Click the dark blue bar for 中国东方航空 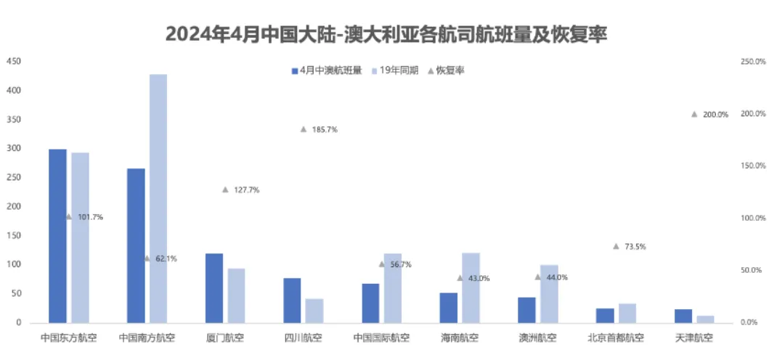57,236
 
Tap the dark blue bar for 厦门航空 214,287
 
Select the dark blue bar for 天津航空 683,316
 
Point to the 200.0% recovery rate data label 715,115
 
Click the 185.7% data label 325,129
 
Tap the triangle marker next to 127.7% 225,189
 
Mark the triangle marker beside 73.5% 616,246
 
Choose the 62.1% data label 166,258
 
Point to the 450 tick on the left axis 13,62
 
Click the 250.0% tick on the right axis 753,62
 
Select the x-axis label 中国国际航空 381,338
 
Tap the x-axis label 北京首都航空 616,338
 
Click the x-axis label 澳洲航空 538,338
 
